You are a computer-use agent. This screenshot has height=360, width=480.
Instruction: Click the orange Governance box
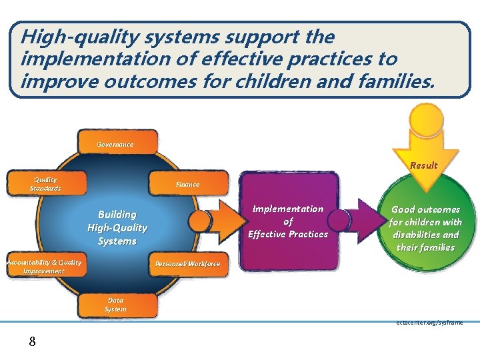117,143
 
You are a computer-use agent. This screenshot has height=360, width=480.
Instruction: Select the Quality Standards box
46,183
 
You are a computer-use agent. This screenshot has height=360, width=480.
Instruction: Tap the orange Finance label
187,183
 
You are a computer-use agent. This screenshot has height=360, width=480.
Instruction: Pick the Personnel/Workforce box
187,263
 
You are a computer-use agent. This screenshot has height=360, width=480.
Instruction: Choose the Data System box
117,305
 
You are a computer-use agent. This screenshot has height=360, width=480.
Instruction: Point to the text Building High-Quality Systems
117,227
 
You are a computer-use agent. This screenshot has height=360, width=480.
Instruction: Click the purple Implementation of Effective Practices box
288,221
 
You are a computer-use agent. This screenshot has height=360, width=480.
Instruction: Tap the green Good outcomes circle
426,228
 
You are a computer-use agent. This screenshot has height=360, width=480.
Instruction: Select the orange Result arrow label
424,165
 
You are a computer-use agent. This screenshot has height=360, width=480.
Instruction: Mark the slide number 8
31,342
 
